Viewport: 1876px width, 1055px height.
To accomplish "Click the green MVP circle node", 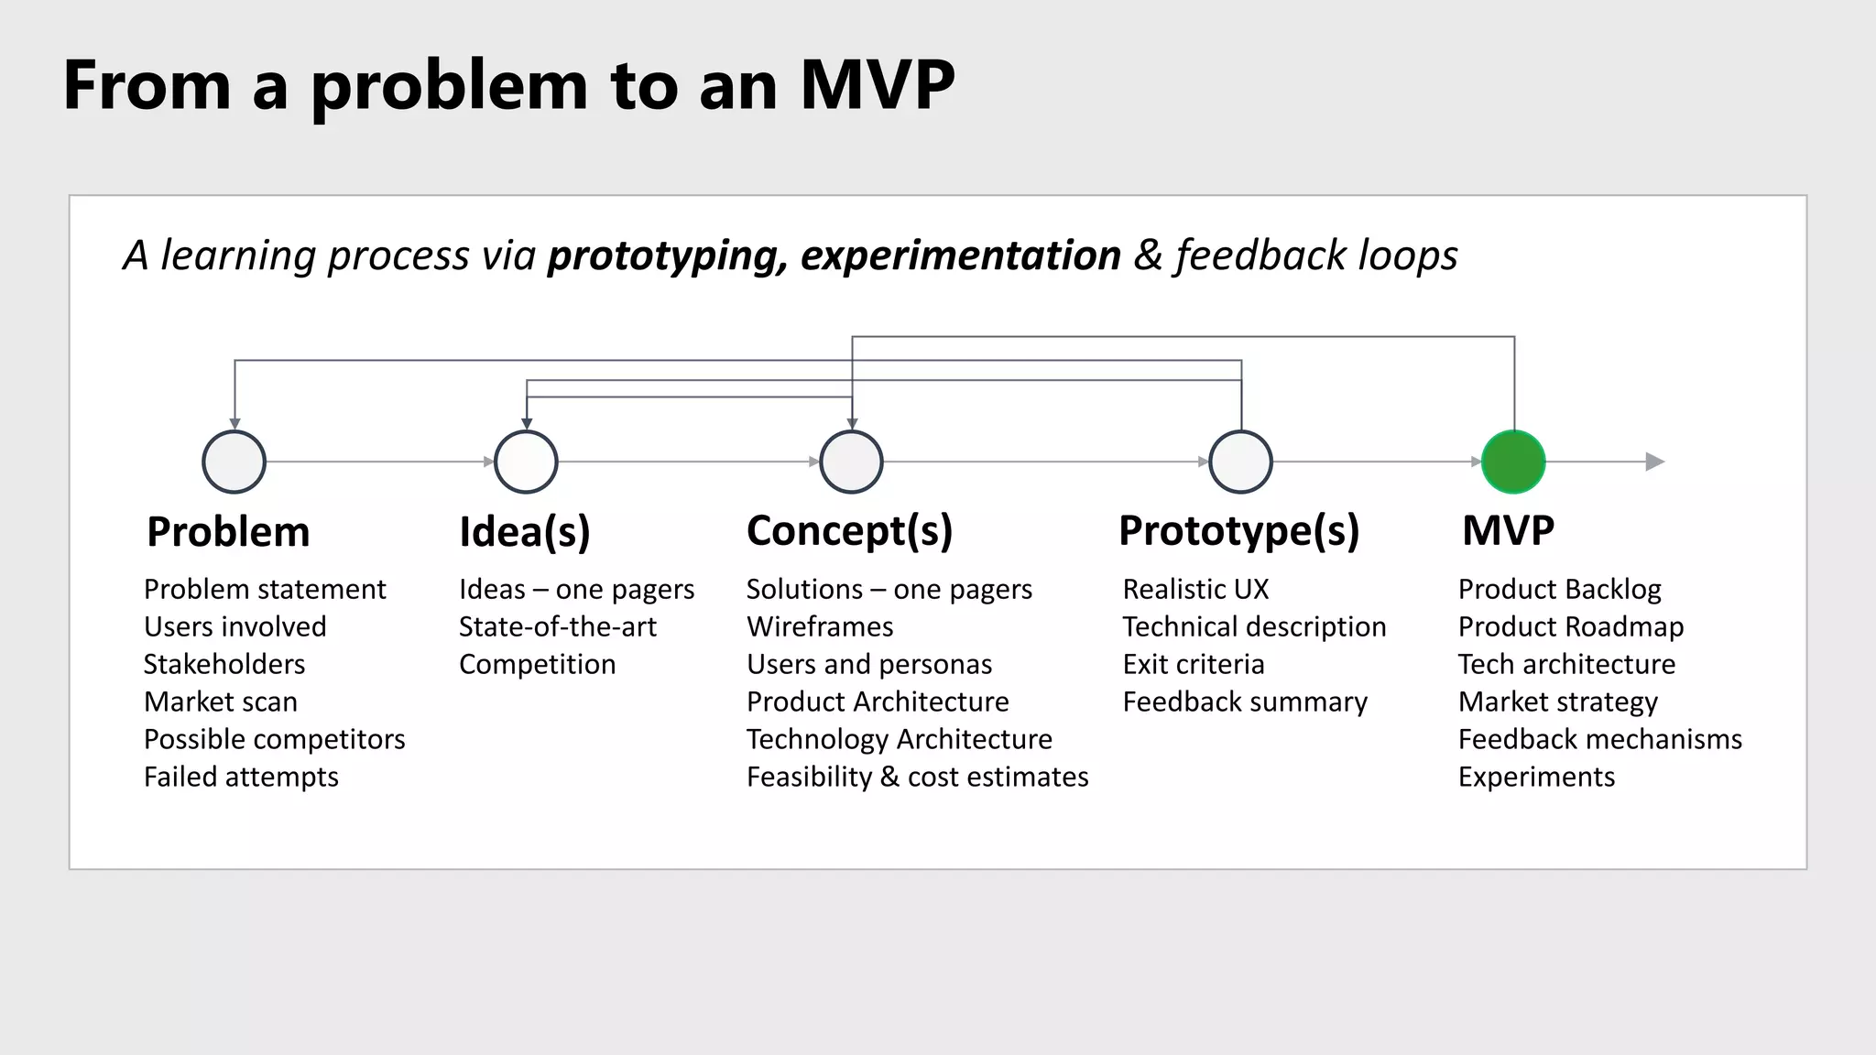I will pyautogui.click(x=1513, y=462).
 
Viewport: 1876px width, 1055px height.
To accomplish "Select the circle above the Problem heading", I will pyautogui.click(x=234, y=462).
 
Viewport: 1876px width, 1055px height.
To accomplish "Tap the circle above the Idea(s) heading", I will pyautogui.click(x=526, y=462).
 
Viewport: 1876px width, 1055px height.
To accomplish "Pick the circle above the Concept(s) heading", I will pyautogui.click(x=852, y=462).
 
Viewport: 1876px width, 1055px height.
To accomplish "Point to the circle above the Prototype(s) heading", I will pyautogui.click(x=1240, y=462).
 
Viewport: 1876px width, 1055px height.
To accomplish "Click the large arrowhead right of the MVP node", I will pyautogui.click(x=1654, y=462).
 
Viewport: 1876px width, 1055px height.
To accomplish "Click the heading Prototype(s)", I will pyautogui.click(x=1238, y=531).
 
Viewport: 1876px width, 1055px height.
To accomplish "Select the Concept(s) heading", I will pyautogui.click(x=849, y=531).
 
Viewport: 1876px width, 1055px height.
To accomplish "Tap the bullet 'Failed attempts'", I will pyautogui.click(x=241, y=777).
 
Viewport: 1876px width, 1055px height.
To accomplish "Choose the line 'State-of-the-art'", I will pyautogui.click(x=557, y=626).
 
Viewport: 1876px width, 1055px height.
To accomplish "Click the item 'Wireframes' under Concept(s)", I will pyautogui.click(x=820, y=626).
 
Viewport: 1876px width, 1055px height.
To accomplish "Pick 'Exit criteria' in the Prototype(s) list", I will pyautogui.click(x=1194, y=664).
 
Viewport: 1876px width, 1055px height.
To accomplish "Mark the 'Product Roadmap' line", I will pyautogui.click(x=1570, y=626).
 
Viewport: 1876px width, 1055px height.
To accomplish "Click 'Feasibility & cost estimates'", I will pyautogui.click(x=917, y=777).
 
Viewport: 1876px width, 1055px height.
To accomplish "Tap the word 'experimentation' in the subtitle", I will pyautogui.click(x=960, y=256).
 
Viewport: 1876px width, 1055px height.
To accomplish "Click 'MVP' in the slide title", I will pyautogui.click(x=877, y=85).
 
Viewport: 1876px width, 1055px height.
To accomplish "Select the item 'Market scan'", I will pyautogui.click(x=221, y=702).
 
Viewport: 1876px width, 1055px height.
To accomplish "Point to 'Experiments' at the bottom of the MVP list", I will pyautogui.click(x=1536, y=777).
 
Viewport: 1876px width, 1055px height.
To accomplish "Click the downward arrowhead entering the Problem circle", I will pyautogui.click(x=234, y=423).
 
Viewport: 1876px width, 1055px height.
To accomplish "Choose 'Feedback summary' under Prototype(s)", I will pyautogui.click(x=1245, y=702).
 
